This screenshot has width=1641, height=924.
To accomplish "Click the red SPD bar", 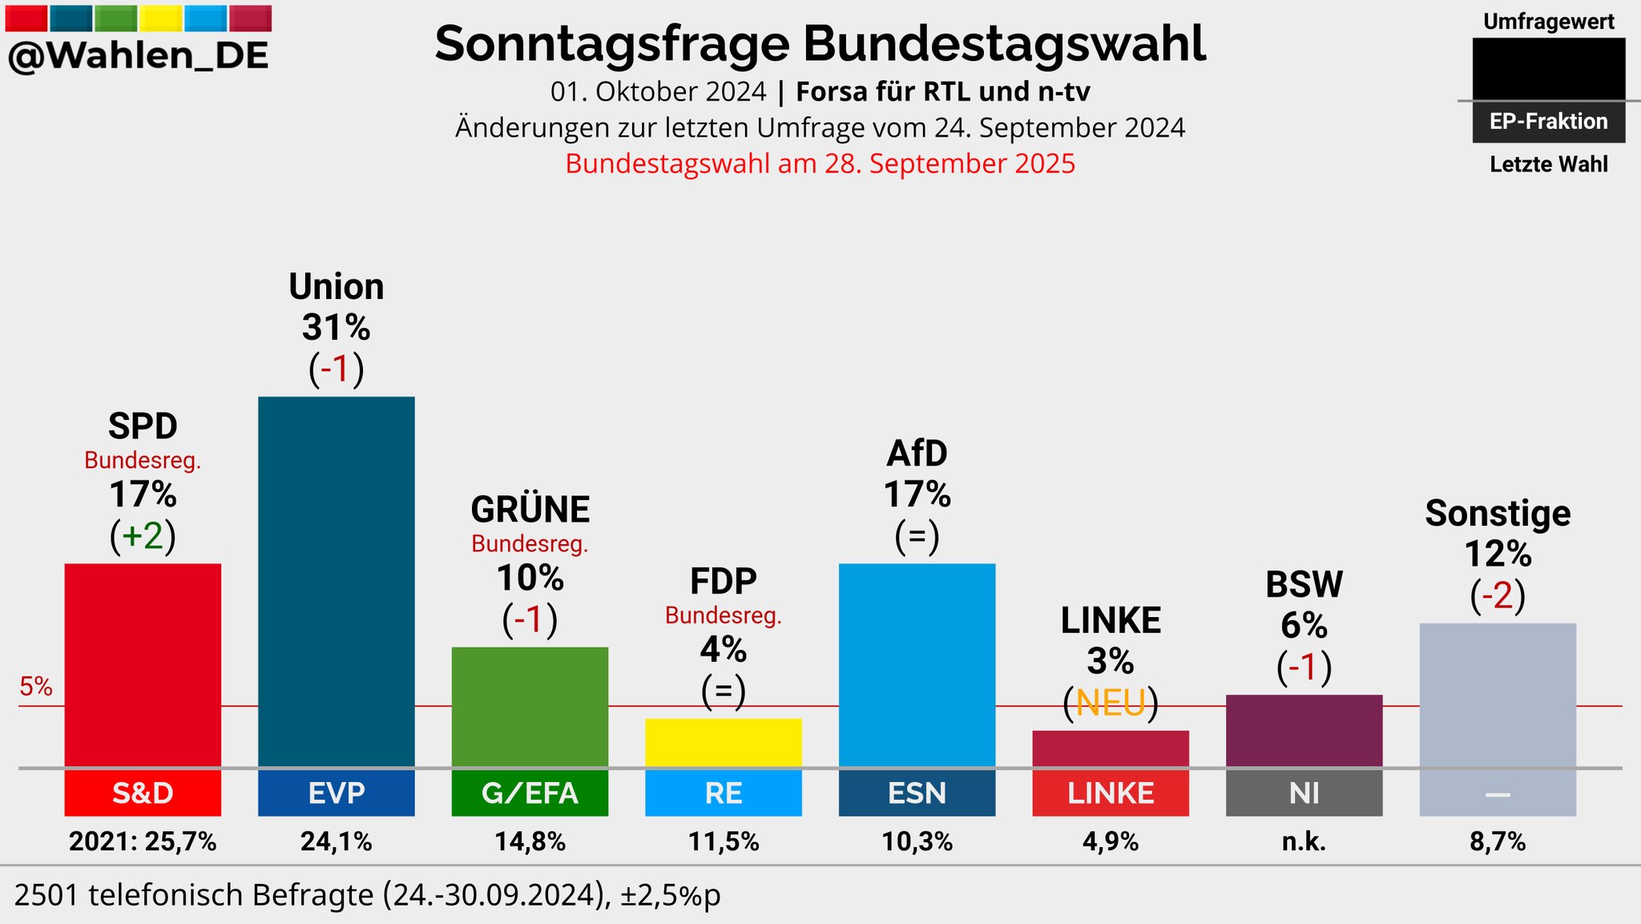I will pos(143,665).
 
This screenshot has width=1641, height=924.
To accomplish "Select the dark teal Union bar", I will pos(337,582).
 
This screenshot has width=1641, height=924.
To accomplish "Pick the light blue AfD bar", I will pos(917,665).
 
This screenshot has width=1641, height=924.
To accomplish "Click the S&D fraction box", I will pos(143,793).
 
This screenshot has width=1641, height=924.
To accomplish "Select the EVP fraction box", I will pos(337,793).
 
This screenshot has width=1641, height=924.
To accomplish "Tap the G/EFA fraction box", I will pos(530,793).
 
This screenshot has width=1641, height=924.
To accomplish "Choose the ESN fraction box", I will pos(917,793).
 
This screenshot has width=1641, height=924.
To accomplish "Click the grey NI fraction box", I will pos(1304,793).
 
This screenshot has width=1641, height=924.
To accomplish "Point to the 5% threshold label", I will pos(36,687).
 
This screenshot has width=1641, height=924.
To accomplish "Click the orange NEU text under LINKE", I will pos(1111,704).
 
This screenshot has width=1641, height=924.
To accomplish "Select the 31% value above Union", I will pos(337,327).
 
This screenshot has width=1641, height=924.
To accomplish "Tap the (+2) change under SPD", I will pos(143,536).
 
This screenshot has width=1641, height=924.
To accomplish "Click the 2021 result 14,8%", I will pos(530,841).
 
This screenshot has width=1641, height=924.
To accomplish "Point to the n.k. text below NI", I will pos(1304,841).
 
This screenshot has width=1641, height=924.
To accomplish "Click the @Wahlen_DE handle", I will pos(138,56).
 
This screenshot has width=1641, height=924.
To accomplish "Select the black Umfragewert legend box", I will pos(1548,68).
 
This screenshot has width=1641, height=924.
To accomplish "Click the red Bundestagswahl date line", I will pos(820,163).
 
